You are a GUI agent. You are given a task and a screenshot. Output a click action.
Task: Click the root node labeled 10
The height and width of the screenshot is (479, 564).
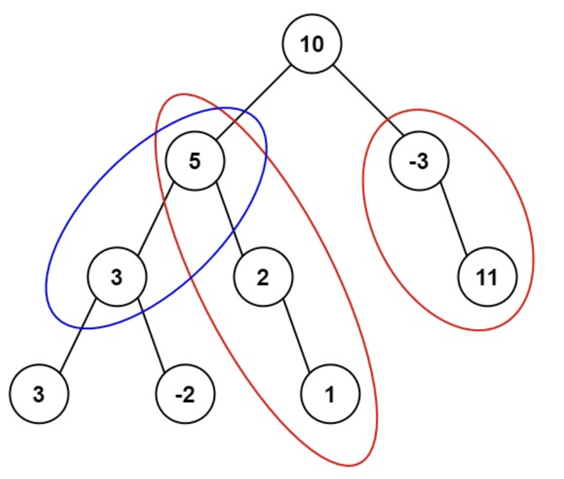(x=312, y=45)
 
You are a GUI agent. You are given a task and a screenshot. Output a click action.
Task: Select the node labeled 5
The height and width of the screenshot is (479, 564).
(x=194, y=162)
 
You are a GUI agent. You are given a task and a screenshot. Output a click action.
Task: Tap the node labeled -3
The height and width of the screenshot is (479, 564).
(x=418, y=162)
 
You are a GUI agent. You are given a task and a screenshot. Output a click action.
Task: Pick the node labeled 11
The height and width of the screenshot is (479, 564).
(x=488, y=278)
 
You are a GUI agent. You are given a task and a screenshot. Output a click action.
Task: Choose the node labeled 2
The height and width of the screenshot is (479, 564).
(x=262, y=278)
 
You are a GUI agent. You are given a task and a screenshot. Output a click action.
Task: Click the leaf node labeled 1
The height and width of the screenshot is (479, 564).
(x=330, y=394)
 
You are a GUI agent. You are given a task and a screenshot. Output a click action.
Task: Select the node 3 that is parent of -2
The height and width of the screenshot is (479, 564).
(x=116, y=278)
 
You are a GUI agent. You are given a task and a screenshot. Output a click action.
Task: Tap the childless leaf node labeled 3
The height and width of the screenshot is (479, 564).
(x=39, y=394)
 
